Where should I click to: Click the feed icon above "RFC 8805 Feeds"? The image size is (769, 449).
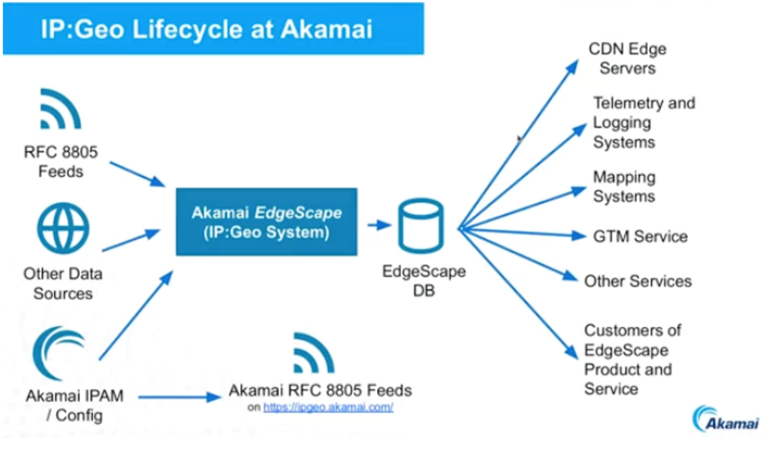pyautogui.click(x=60, y=110)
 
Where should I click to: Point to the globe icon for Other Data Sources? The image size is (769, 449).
pyautogui.click(x=62, y=229)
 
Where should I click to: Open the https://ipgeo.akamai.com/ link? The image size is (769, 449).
pyautogui.click(x=328, y=407)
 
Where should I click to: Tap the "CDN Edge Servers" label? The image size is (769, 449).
pyautogui.click(x=627, y=59)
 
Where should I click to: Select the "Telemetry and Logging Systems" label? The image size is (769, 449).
pyautogui.click(x=644, y=122)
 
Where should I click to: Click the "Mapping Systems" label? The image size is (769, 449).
pyautogui.click(x=624, y=187)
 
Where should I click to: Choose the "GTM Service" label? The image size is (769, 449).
pyautogui.click(x=639, y=237)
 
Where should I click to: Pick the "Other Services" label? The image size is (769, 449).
pyautogui.click(x=638, y=281)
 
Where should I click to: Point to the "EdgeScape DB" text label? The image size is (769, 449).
pyautogui.click(x=424, y=281)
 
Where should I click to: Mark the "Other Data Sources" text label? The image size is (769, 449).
pyautogui.click(x=62, y=283)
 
